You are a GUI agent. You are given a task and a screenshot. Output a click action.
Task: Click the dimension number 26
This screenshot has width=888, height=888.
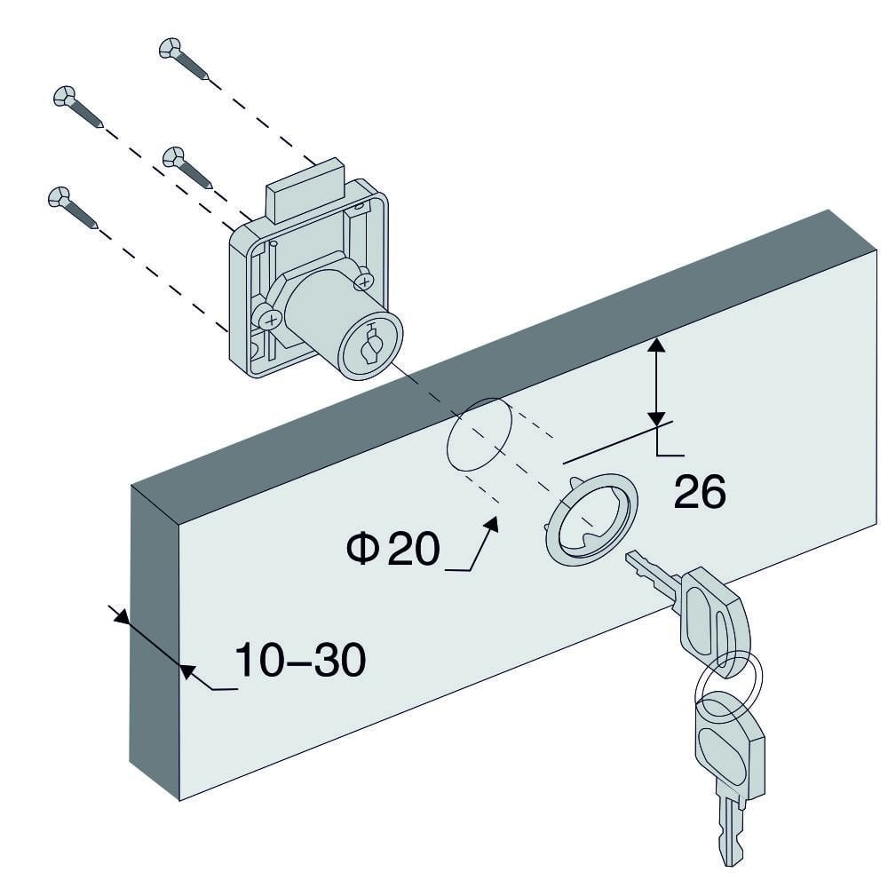[700, 491]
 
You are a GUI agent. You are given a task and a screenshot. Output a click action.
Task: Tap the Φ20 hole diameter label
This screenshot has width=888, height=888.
[393, 548]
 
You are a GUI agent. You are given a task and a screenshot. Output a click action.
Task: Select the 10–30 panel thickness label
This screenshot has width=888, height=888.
[300, 660]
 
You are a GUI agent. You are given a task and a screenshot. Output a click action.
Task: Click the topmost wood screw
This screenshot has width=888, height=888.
[184, 59]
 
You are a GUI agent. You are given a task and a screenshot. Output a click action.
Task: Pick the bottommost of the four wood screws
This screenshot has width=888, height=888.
[73, 207]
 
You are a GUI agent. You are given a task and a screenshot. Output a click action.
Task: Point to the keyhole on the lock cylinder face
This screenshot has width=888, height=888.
[371, 344]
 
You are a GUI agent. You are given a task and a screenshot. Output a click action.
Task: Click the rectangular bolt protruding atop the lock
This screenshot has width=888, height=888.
[305, 190]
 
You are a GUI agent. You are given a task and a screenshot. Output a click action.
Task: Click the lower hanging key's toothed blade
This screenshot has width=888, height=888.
[729, 825]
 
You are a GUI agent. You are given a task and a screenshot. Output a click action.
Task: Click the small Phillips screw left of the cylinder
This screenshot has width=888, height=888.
[270, 320]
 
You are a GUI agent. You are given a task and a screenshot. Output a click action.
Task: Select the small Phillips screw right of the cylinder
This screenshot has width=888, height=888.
[364, 281]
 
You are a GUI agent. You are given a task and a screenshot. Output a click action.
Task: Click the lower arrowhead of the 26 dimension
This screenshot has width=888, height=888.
[656, 418]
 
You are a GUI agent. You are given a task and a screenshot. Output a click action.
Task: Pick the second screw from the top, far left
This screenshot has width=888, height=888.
[77, 107]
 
